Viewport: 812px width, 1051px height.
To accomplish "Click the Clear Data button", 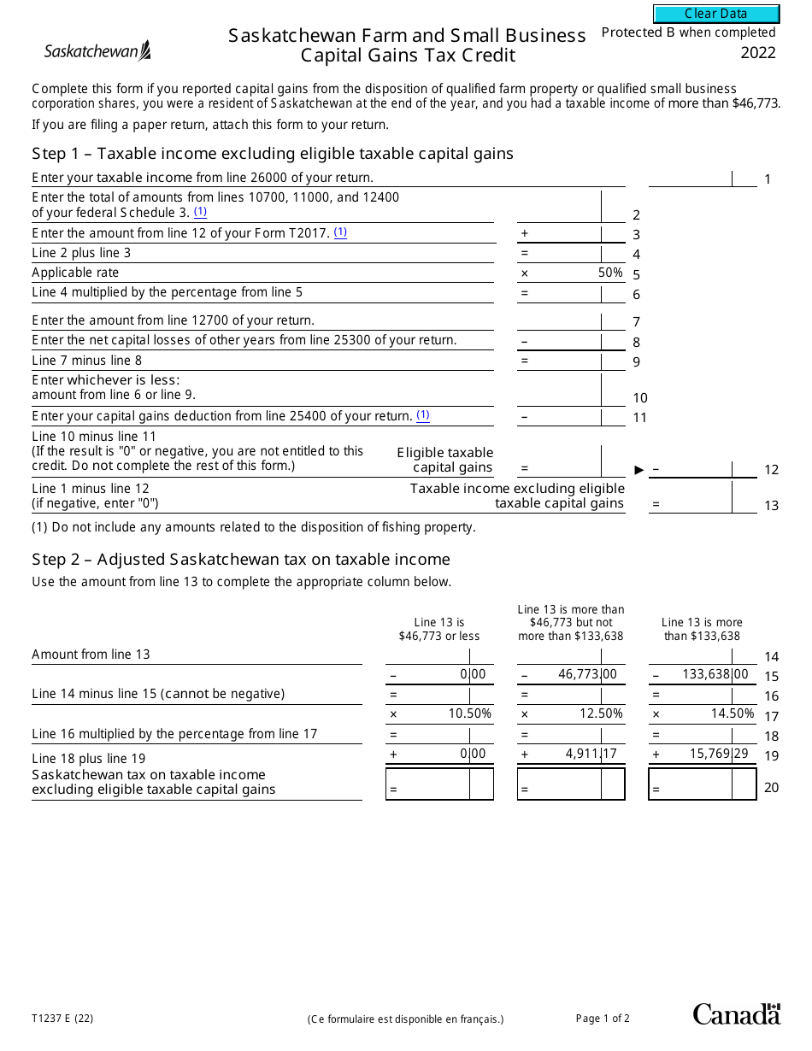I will tap(716, 14).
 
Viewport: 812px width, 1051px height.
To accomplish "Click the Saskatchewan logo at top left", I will tap(97, 51).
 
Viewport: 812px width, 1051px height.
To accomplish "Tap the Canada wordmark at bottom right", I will tap(736, 1014).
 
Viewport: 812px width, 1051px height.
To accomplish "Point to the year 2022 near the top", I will tap(758, 53).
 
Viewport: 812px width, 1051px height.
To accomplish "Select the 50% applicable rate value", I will tap(610, 273).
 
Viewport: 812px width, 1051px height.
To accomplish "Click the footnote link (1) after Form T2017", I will tap(340, 232).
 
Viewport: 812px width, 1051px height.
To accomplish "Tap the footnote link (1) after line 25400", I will tap(423, 415).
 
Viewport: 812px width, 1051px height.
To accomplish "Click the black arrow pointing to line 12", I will tap(638, 469).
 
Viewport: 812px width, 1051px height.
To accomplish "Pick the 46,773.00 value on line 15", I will tap(587, 674).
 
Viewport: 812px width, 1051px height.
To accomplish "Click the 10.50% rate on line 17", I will tap(470, 713).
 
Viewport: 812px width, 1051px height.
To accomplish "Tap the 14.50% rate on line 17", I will tap(733, 713).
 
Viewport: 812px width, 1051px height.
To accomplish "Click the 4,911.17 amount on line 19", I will tap(591, 754).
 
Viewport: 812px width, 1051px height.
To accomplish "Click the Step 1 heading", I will tap(273, 154).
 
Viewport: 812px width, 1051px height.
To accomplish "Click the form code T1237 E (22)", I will tap(62, 1018).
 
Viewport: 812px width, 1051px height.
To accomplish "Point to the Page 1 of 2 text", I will tap(603, 1018).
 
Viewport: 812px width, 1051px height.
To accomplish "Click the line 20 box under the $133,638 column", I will tap(703, 784).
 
